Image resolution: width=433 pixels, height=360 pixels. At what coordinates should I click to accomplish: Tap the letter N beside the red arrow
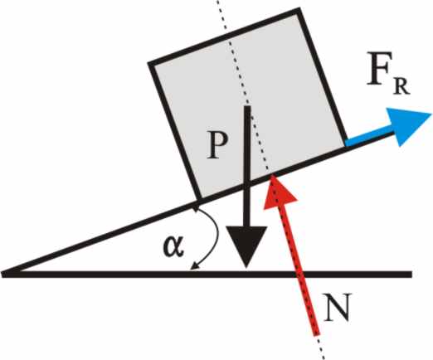click(x=338, y=307)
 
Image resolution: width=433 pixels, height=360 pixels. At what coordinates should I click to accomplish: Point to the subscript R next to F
click(x=401, y=87)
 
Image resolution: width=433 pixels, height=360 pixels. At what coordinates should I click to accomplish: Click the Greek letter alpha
click(x=173, y=246)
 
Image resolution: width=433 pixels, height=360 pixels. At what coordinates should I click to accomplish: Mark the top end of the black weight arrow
click(x=247, y=106)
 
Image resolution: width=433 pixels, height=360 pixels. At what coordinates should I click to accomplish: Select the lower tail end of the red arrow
click(x=317, y=334)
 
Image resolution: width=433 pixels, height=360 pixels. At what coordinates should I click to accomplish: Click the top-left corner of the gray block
click(x=150, y=64)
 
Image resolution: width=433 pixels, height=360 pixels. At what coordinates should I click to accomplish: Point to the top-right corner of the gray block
click(x=299, y=11)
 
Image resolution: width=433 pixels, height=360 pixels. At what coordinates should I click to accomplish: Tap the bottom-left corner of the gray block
click(x=198, y=200)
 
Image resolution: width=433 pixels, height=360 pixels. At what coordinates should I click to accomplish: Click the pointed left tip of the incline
click(x=2, y=275)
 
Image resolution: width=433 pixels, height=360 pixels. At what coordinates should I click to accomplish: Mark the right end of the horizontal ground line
click(x=411, y=275)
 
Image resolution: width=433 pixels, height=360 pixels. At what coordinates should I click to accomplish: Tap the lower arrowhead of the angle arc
click(x=194, y=266)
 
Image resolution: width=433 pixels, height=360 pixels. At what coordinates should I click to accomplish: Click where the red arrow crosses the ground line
click(x=300, y=275)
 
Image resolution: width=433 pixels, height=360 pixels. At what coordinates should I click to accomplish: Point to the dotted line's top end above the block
click(x=217, y=1)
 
